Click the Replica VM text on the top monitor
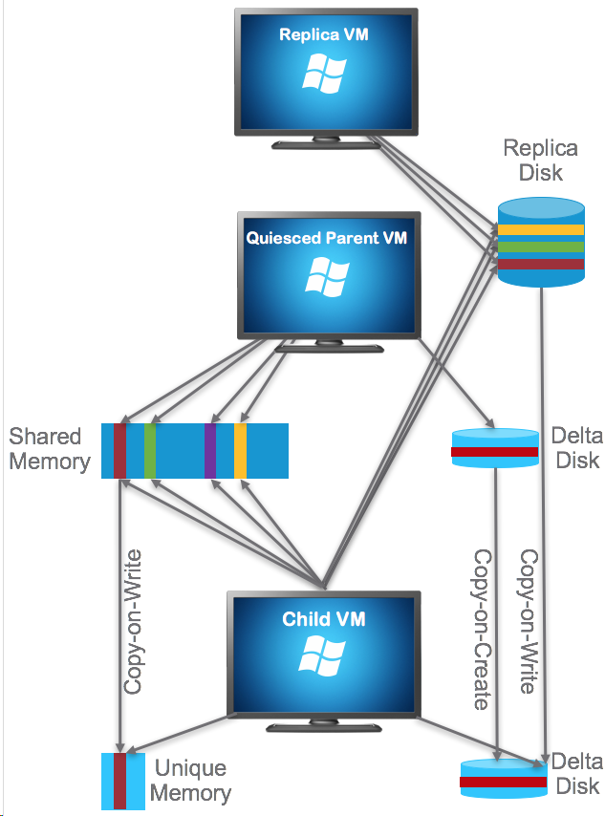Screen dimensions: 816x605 [x=324, y=35]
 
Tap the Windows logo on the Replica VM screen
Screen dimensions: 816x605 [x=323, y=74]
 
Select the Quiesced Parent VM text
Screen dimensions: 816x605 [x=326, y=238]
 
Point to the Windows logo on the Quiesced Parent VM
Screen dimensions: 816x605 [x=326, y=276]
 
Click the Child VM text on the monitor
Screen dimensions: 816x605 [x=324, y=619]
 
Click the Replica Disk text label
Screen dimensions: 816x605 [x=540, y=161]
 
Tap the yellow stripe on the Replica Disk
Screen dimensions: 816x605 [x=540, y=229]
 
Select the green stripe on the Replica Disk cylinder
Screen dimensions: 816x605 [x=540, y=247]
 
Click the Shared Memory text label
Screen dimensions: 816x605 [x=49, y=450]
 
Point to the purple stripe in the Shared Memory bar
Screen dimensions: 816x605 [x=210, y=450]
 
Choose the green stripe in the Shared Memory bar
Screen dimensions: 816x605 [x=150, y=450]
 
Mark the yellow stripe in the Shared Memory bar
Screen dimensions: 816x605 [x=240, y=450]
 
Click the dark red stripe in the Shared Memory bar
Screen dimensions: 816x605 [x=119, y=450]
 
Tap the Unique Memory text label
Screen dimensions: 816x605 [x=190, y=781]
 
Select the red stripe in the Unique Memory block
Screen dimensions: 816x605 [x=119, y=781]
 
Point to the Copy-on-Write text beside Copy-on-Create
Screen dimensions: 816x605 [x=526, y=621]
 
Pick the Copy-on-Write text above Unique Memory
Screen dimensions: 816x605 [x=134, y=621]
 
